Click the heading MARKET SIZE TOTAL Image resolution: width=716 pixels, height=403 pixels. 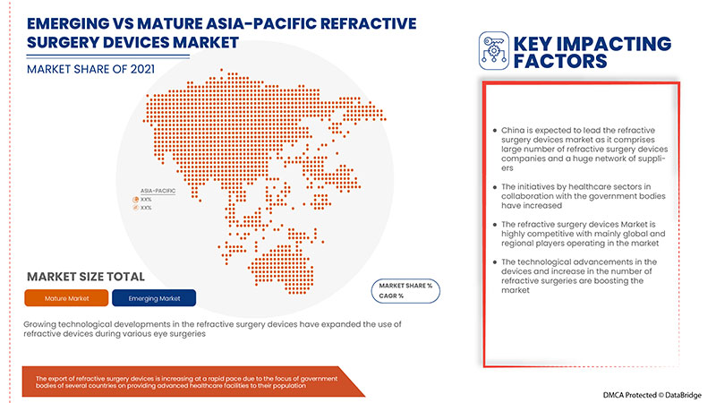click(86, 277)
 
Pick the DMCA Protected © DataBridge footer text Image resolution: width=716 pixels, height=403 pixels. click(644, 392)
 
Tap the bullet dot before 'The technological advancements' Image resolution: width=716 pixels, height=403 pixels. click(495, 262)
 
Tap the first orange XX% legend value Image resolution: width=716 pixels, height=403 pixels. click(146, 199)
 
